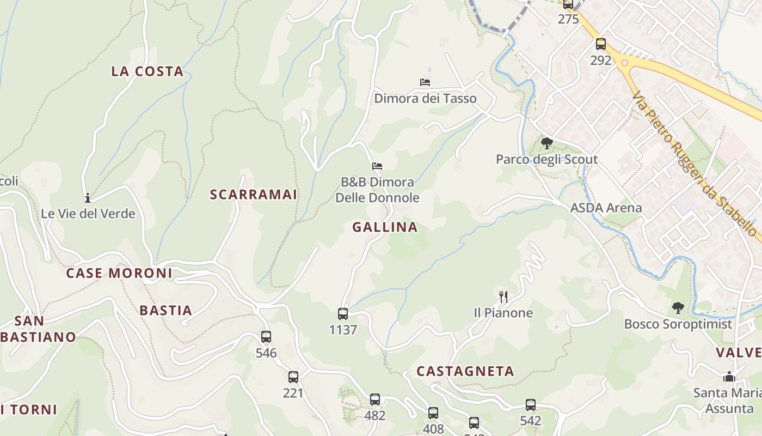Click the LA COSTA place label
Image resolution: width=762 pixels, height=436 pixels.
click(x=147, y=71)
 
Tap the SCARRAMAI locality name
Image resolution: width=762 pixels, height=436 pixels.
click(x=254, y=195)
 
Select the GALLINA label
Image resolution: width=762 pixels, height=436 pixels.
click(x=385, y=227)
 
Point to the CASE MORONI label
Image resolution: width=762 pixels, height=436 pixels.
click(x=119, y=273)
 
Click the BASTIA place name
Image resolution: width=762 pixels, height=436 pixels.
click(x=166, y=311)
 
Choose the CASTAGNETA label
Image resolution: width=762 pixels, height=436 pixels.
click(x=465, y=372)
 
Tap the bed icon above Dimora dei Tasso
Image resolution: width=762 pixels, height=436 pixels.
click(x=425, y=82)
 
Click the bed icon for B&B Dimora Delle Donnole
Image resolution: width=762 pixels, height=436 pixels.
click(x=377, y=166)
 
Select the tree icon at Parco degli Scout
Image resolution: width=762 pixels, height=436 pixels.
click(x=547, y=143)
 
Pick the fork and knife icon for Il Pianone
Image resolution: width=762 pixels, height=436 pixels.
click(x=503, y=296)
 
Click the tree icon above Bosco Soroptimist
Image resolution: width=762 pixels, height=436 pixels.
click(x=678, y=308)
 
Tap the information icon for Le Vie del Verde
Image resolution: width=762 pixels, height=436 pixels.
click(x=87, y=198)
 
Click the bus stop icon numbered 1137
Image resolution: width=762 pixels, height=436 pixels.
click(x=343, y=314)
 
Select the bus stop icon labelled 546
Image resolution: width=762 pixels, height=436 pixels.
click(x=266, y=337)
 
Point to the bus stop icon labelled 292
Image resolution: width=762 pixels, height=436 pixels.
click(x=601, y=44)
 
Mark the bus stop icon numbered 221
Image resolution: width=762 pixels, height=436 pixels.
click(x=293, y=377)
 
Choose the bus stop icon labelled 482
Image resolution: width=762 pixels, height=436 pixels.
click(x=375, y=399)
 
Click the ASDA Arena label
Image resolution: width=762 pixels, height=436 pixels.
click(x=606, y=208)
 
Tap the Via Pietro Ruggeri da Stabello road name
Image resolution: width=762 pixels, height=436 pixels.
click(x=695, y=164)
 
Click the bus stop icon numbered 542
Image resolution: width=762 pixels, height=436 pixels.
click(x=531, y=405)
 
